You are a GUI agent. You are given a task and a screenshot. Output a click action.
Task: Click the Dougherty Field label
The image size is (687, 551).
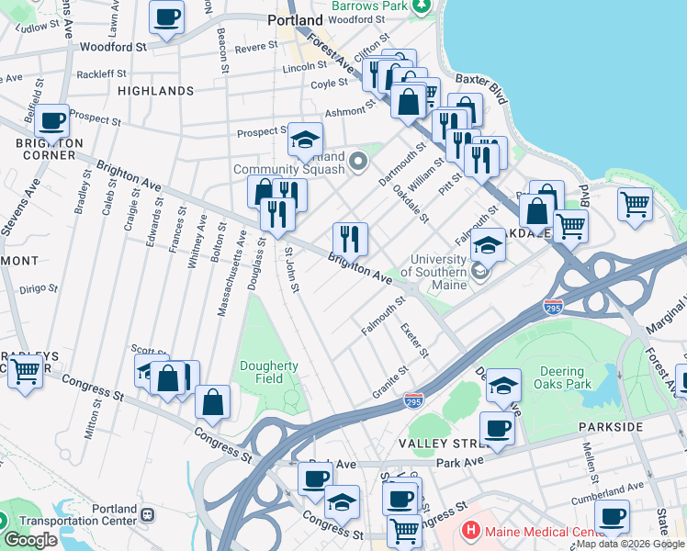pos(268,371)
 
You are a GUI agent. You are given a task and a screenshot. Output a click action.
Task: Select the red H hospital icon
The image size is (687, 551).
pos(470,531)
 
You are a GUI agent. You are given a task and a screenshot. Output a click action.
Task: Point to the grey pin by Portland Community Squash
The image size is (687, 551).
pos(359,163)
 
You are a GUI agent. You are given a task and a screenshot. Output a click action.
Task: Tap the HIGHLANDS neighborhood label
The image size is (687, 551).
pos(156,91)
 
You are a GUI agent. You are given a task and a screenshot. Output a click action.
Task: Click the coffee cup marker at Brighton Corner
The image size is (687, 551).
pos(52,120)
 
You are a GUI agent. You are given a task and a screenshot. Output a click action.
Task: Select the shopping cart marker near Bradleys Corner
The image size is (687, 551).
pos(25,372)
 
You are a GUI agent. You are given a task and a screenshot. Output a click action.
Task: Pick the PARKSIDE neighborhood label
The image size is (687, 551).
pos(610,428)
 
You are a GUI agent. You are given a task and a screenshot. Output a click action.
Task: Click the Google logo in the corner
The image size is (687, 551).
pos(30,540)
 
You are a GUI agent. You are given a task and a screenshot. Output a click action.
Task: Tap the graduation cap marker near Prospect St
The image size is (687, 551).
pos(306,140)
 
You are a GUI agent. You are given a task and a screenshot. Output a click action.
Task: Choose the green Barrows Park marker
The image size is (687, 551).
pos(422,6)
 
